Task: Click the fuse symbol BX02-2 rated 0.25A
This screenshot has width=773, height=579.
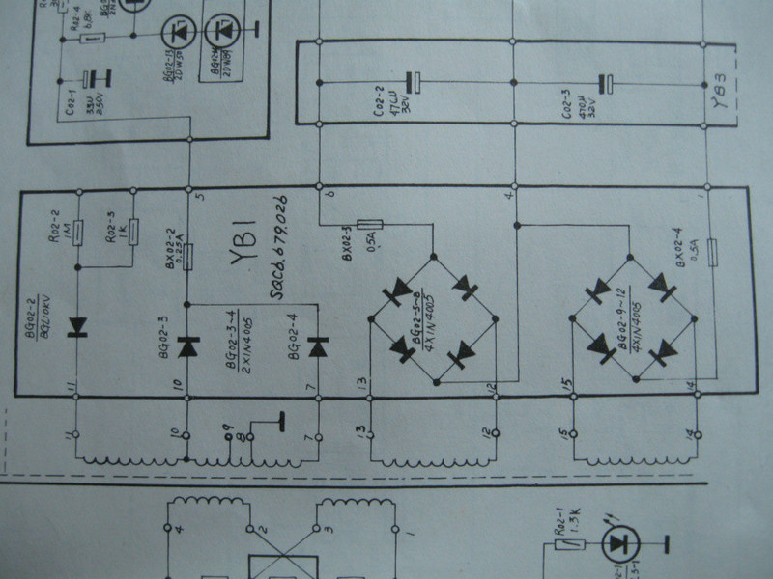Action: [188, 256]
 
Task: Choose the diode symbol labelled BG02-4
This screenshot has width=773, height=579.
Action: [315, 345]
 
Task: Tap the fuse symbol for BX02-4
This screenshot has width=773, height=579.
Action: [710, 253]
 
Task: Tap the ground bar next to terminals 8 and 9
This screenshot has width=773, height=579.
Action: [282, 423]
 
